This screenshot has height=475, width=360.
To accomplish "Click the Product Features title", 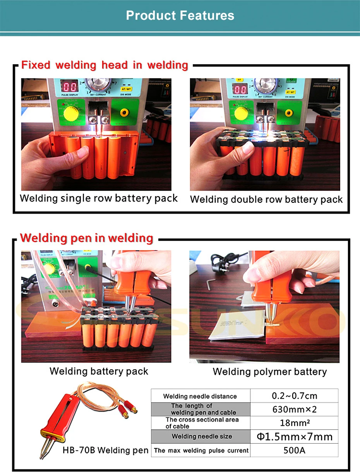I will [180, 15].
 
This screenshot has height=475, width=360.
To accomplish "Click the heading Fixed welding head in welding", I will [105, 65].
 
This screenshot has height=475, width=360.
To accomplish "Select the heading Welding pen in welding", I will [86, 238].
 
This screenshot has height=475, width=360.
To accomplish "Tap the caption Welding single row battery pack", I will [99, 199].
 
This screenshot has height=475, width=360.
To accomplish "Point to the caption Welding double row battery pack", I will [266, 200].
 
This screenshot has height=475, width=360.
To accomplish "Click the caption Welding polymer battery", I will [270, 372].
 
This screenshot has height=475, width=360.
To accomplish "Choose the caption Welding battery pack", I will [99, 371].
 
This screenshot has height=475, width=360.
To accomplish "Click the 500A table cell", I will [294, 451].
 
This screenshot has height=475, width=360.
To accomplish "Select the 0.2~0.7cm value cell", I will [294, 396].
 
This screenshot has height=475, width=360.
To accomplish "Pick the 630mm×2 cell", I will [294, 410].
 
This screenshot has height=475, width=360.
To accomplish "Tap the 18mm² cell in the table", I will [294, 423].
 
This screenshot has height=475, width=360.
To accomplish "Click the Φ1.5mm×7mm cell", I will [294, 437].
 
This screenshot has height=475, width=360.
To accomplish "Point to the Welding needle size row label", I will [202, 437].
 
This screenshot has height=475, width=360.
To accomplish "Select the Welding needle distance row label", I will [200, 396].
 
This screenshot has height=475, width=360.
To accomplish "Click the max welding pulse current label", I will [201, 451].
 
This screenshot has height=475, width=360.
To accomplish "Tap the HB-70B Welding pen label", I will [105, 450].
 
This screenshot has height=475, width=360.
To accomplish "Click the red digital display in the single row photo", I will [70, 88].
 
